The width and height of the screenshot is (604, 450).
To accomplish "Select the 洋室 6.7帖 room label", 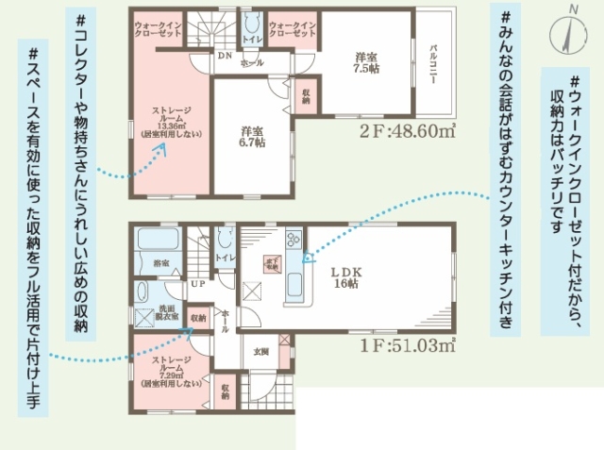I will (x=251, y=136).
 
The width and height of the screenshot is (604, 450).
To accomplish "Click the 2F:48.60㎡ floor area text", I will (x=408, y=130).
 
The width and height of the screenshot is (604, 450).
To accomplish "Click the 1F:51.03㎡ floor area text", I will (x=409, y=345).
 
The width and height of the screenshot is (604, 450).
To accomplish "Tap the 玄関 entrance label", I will (x=260, y=351).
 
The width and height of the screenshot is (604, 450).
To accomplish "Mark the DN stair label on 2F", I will (x=225, y=56).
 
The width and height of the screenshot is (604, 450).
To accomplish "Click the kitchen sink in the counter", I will (x=294, y=283).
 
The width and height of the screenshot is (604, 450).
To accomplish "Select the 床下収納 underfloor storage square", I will (x=271, y=264).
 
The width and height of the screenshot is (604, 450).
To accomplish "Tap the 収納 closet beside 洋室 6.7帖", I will (x=307, y=95).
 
